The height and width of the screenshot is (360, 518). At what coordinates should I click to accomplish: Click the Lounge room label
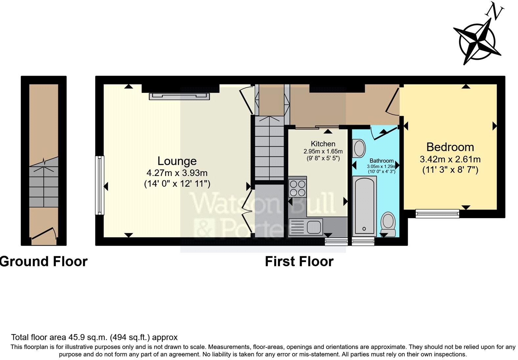coord(177,161)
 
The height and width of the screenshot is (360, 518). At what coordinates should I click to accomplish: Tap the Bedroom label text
coord(450,147)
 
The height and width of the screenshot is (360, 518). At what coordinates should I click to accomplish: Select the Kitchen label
coord(323,144)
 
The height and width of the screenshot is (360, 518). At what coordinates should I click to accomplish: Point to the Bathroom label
coord(381,161)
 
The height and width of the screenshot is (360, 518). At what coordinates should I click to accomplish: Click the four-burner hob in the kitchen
coord(297,188)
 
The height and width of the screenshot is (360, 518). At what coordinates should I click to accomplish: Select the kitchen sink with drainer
coord(305,227)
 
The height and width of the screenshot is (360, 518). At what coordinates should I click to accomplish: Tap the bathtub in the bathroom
coord(364,206)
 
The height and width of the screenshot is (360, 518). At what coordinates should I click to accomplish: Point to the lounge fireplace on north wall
coord(179,96)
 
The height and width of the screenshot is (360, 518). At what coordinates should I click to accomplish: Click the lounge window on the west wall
coord(100,185)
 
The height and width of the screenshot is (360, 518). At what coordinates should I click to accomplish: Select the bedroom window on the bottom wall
coord(437,214)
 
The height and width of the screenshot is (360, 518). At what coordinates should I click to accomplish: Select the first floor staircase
coord(269,148)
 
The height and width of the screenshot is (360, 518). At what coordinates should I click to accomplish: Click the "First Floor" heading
coord(299,261)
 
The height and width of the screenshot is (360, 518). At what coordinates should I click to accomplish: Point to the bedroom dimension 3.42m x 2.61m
coord(450,159)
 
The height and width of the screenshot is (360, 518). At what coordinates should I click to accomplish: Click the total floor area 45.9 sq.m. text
coord(94,337)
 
